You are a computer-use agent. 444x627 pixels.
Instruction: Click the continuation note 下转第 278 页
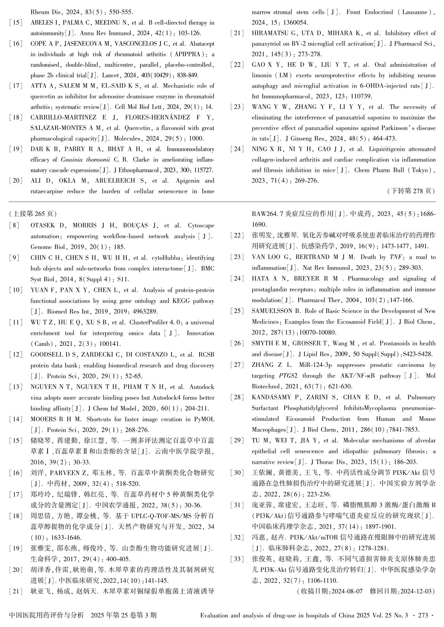411,191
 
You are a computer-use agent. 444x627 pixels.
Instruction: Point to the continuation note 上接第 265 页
33,214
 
